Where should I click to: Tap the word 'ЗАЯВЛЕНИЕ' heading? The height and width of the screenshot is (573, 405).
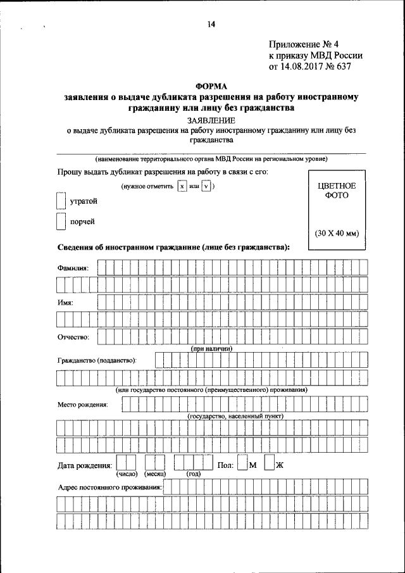(x=211, y=120)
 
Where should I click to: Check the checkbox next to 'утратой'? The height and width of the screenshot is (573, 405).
(x=61, y=201)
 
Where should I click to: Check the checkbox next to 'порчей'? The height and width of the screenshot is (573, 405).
(x=61, y=222)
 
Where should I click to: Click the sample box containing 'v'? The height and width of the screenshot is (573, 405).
(x=206, y=187)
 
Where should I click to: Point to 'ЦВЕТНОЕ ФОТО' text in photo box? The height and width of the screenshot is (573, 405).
(x=336, y=191)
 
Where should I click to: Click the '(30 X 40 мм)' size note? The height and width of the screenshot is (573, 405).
(x=336, y=233)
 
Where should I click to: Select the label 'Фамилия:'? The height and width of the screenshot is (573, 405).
(x=73, y=268)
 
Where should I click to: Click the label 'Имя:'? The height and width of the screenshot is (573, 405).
(x=65, y=303)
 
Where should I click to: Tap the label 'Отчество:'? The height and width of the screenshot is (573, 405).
(x=73, y=337)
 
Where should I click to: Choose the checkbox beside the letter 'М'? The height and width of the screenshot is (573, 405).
(x=242, y=465)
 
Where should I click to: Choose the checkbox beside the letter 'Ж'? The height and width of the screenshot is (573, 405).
(x=269, y=465)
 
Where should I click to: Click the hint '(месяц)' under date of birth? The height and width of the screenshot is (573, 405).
(x=154, y=474)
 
